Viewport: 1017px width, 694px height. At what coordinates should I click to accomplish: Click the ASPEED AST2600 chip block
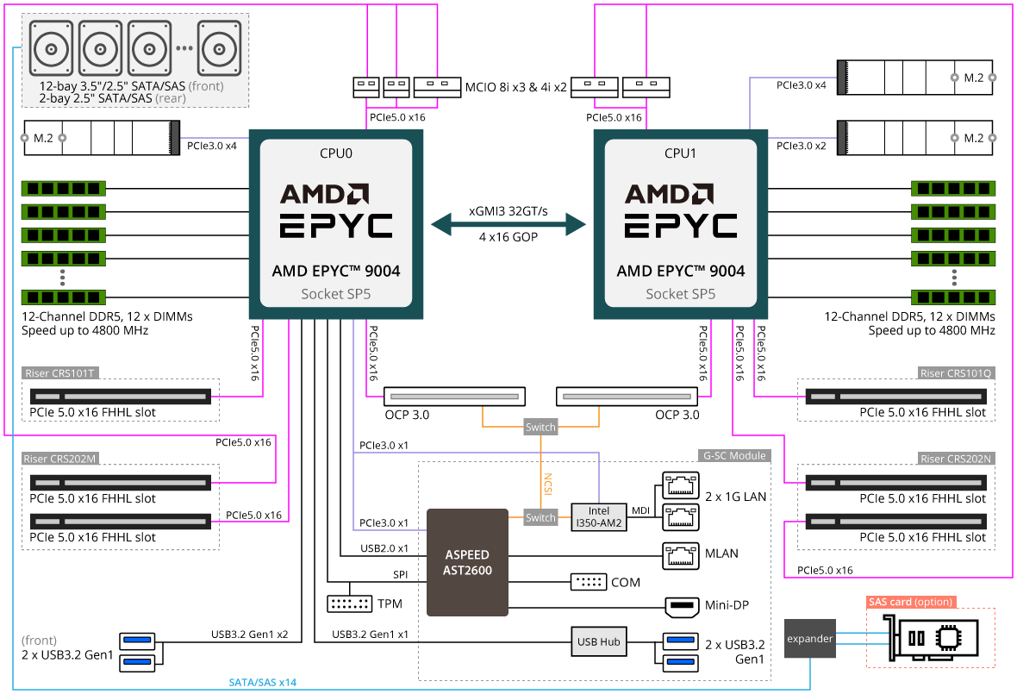467,562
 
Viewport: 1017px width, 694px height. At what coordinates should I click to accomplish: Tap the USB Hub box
598,641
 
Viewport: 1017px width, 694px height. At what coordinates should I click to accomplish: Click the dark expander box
810,639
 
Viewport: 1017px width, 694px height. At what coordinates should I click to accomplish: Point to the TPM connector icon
350,603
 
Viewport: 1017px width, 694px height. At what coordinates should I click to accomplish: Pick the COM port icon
589,582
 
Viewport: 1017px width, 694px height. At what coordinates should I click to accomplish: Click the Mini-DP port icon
682,606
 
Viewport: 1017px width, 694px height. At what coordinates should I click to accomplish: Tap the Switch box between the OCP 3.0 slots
540,427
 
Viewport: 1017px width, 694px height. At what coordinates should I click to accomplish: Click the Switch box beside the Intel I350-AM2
540,517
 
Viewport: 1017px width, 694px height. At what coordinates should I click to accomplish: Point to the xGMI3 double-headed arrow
508,226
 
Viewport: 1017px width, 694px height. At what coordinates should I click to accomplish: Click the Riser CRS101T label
60,373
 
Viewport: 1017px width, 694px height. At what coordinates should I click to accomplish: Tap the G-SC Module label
733,455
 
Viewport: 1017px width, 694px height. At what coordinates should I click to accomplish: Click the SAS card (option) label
911,602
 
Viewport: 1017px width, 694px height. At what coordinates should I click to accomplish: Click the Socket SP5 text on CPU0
335,294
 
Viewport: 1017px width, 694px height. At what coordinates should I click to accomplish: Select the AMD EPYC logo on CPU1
680,210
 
